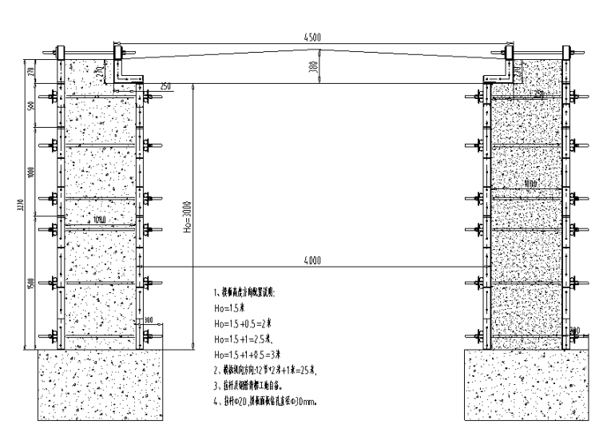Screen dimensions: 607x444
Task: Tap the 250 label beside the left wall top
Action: pos(165,85)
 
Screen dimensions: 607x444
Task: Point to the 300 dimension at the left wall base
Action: pos(150,319)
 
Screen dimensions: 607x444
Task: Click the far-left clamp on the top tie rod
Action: pos(58,54)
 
